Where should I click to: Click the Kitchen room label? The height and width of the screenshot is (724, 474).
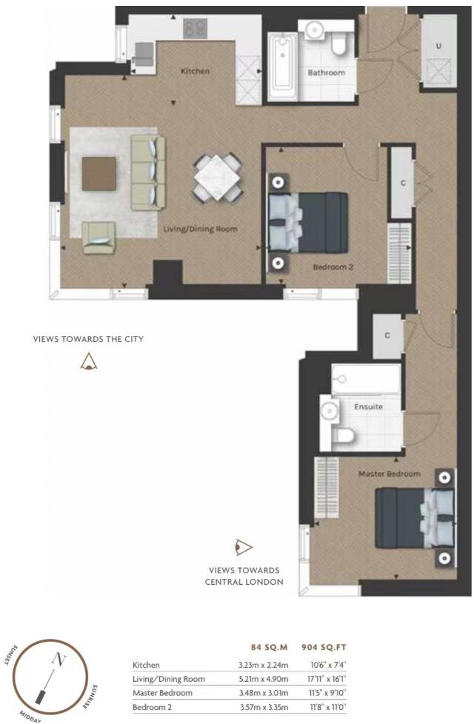[x=196, y=71]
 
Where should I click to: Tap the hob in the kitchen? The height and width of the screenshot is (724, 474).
[x=196, y=29]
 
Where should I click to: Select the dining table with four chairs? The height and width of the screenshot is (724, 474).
[x=217, y=177]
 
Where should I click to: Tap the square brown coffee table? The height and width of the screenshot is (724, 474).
[x=99, y=172]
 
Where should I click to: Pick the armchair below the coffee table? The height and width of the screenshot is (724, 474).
[x=99, y=238]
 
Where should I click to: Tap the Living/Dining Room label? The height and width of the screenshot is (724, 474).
[x=200, y=229]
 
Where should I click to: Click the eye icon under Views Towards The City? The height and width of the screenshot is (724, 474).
[x=89, y=362]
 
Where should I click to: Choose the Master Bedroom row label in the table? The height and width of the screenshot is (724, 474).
[x=162, y=693]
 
